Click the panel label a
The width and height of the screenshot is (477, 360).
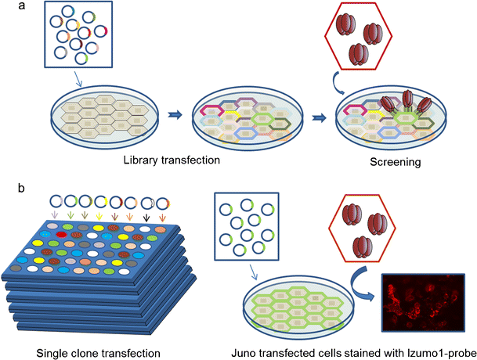click(7, 9)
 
